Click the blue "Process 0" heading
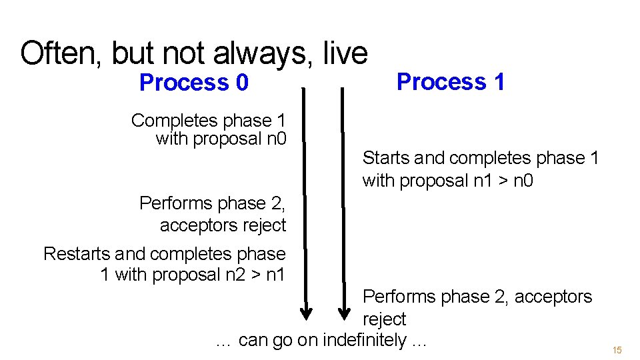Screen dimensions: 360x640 point(193,83)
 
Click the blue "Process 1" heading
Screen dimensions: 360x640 point(451,82)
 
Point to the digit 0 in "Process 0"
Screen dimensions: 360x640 point(241,83)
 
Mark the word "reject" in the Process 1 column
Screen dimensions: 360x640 point(384,319)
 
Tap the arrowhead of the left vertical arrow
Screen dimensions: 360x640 point(306,312)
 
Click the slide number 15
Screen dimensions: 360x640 point(617,350)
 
